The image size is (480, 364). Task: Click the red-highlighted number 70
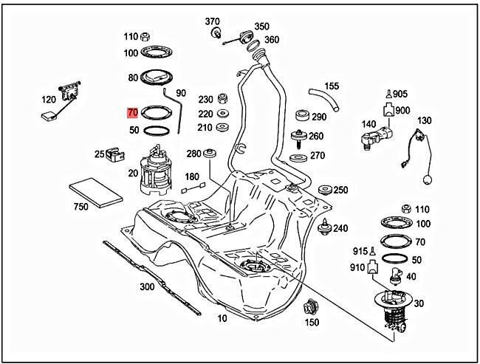pos(133,113)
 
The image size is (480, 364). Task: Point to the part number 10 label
pos(222,318)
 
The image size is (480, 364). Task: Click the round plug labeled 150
pos(312,306)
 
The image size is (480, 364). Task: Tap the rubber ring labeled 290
pos(301,117)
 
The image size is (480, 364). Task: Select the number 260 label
pos(316,136)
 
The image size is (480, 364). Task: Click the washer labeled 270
pos(298,157)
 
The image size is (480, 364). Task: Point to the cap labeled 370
pos(216,34)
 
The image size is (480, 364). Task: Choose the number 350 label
pos(262,27)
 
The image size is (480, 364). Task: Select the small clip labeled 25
pos(114,155)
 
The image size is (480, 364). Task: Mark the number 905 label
pos(400,95)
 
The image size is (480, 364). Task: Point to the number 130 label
pos(425,120)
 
